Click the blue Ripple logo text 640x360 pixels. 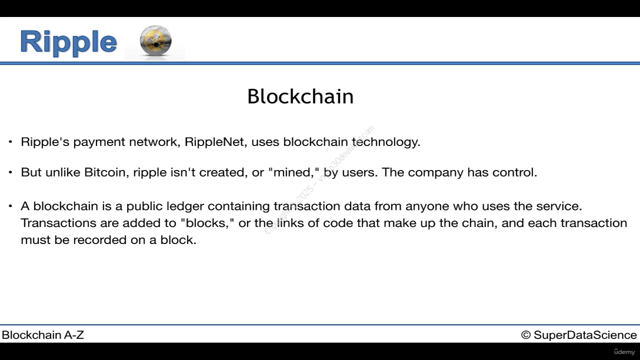68,42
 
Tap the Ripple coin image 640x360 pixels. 155,41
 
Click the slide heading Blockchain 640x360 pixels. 300,96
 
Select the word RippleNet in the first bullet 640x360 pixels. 215,142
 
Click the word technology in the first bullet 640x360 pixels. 386,142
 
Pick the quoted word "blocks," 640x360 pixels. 207,223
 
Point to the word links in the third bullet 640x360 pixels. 290,223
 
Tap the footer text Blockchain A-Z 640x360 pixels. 43,335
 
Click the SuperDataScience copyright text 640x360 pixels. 579,335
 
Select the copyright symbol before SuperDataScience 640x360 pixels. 525,335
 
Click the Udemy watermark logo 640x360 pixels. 624,352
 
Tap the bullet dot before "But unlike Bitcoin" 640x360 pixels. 10,172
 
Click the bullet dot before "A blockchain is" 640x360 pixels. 10,206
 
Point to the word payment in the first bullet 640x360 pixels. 99,142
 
